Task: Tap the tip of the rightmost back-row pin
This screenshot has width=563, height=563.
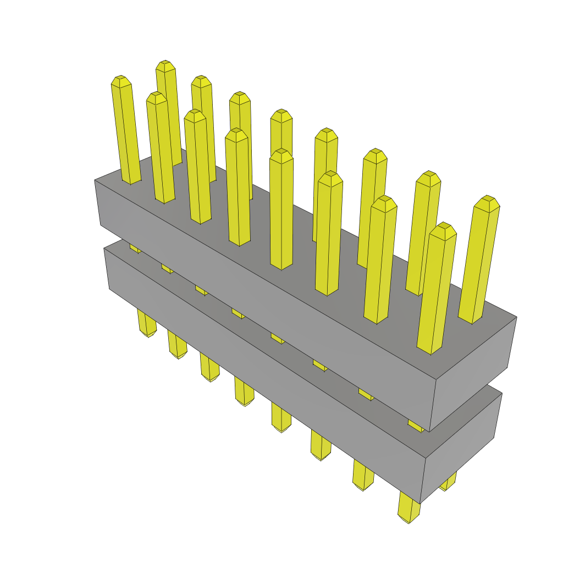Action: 487,201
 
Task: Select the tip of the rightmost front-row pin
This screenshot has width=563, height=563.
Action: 443,229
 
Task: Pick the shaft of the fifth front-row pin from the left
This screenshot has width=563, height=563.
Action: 281,214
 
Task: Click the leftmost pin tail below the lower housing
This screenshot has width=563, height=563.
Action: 146,324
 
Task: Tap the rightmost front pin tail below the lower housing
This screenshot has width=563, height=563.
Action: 409,508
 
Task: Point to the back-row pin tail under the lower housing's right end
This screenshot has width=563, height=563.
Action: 448,482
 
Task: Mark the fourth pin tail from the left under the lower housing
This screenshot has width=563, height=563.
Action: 244,391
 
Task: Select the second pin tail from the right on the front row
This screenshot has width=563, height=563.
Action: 363,476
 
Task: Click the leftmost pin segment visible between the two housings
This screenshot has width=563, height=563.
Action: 135,248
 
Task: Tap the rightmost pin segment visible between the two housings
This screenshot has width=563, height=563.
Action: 416,425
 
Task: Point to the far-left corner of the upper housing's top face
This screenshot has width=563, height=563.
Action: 95,180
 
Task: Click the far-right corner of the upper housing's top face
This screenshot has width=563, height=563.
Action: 516,317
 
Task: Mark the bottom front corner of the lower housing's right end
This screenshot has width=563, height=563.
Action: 420,503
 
